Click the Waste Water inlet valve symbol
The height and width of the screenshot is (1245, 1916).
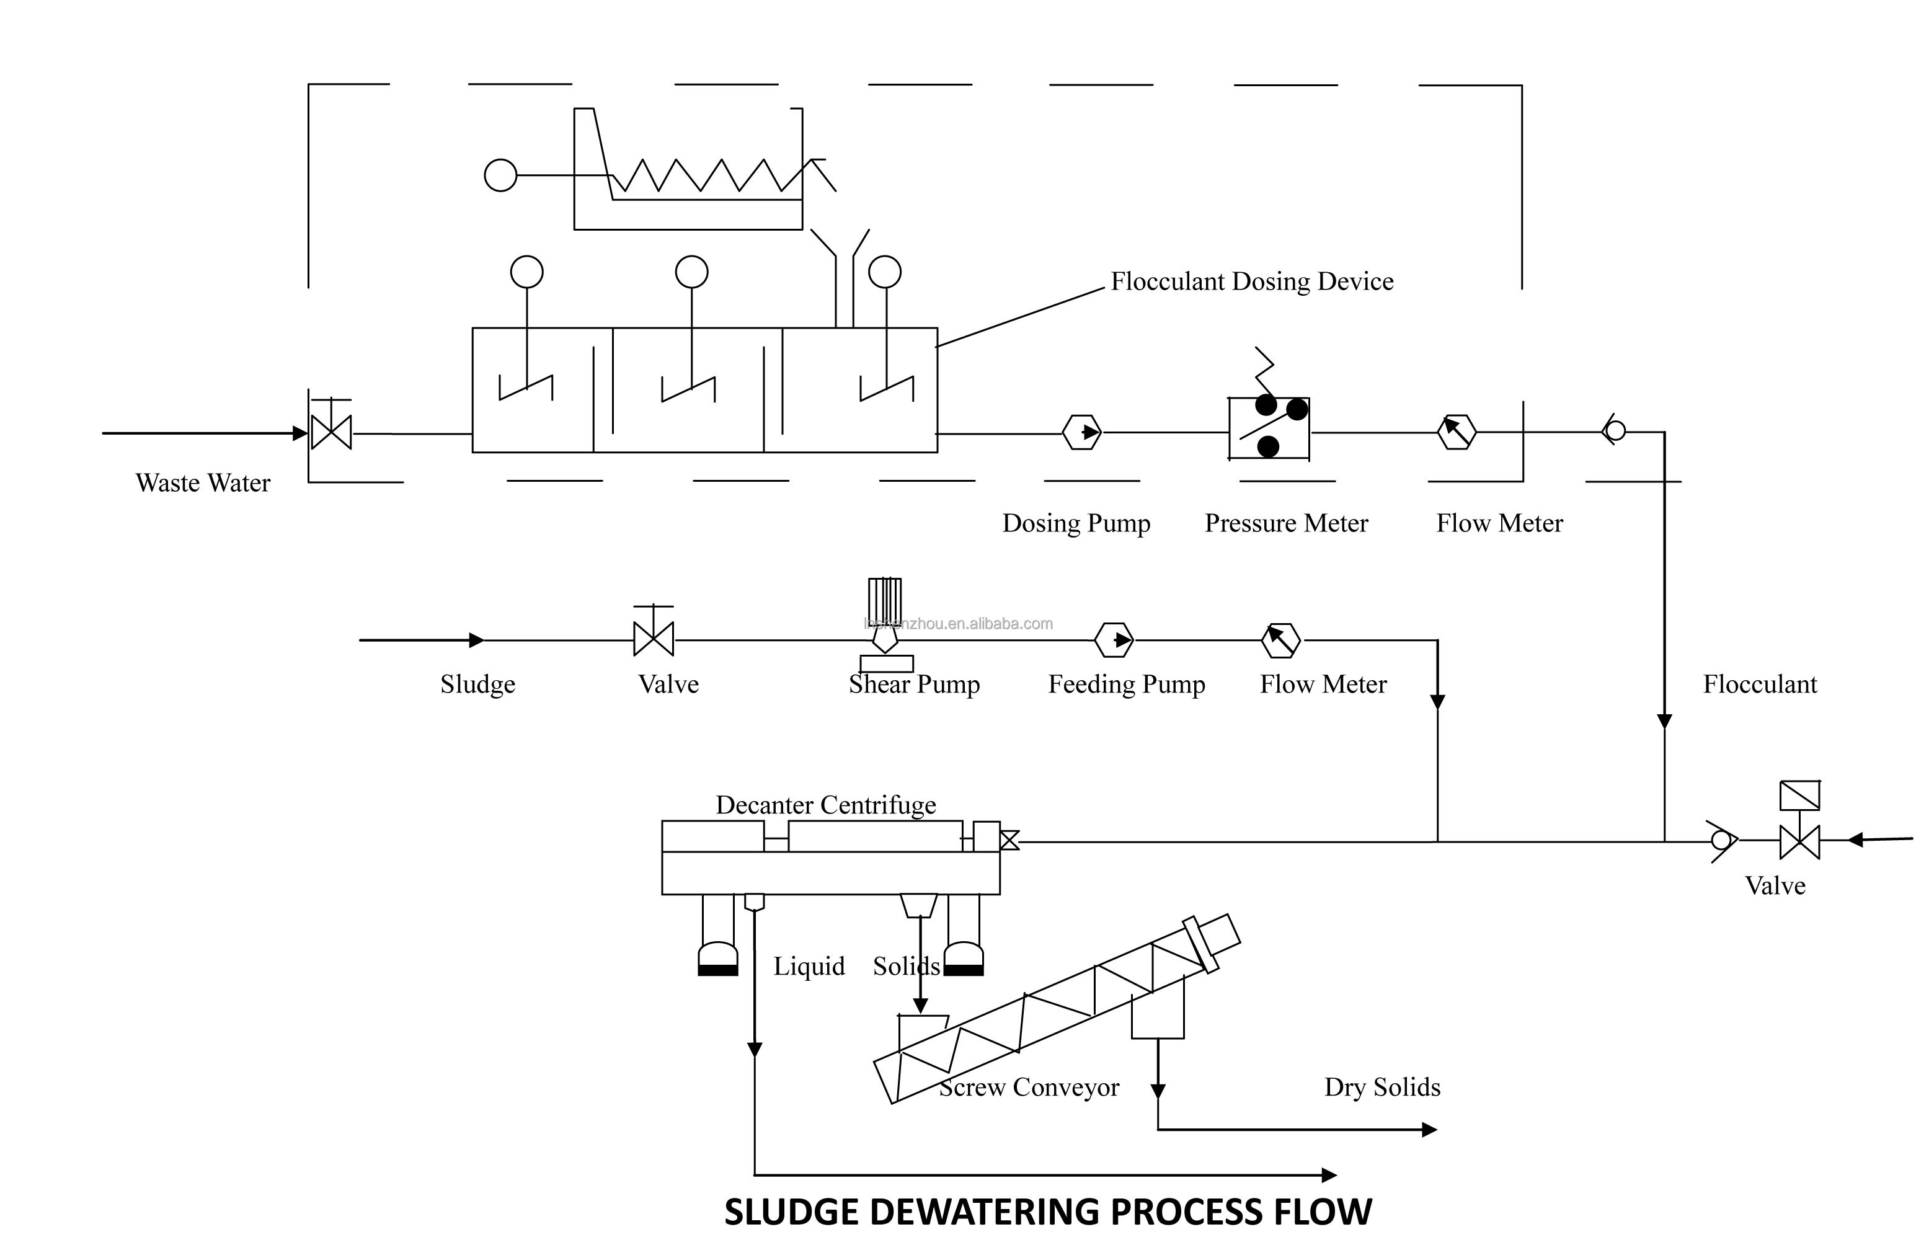point(331,433)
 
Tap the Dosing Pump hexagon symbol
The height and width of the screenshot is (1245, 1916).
point(1081,432)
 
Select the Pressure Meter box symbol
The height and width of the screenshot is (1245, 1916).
point(1268,429)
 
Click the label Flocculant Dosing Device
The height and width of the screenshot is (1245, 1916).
point(1251,281)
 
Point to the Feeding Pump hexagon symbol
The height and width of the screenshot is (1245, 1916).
point(1114,640)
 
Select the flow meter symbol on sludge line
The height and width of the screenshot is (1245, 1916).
point(1280,640)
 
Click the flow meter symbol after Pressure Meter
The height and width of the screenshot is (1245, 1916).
point(1457,432)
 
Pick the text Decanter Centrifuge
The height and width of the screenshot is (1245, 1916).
point(825,805)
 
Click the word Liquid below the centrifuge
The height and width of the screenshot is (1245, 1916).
point(809,966)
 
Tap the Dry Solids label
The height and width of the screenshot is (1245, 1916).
point(1382,1088)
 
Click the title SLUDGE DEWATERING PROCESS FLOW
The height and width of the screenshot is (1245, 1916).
point(1047,1212)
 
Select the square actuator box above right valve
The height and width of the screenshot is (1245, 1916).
point(1800,795)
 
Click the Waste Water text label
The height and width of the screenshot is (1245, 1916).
point(203,483)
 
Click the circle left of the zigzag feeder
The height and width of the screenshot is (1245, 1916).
point(500,175)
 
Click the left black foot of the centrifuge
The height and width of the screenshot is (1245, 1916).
point(717,970)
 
